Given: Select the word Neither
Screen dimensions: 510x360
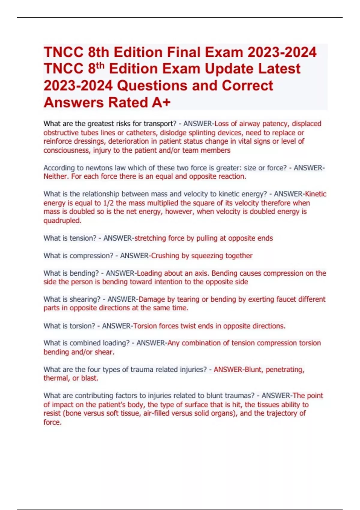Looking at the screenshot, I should pyautogui.click(x=56, y=176).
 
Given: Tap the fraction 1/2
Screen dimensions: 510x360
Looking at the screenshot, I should pyautogui.click(x=108, y=203).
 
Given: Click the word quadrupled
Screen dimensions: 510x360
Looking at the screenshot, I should pyautogui.click(x=62, y=220).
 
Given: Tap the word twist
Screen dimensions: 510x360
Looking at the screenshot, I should pyautogui.click(x=188, y=326).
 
